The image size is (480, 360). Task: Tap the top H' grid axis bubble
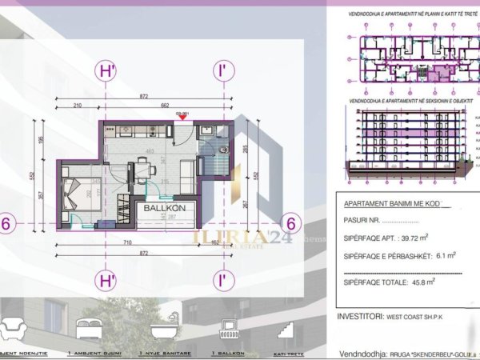coord(106,70)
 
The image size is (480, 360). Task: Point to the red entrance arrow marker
coord(182,119)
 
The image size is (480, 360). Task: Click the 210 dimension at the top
coord(78,105)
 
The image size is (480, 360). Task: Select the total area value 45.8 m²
coord(420,282)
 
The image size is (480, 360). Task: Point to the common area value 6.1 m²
coord(441,255)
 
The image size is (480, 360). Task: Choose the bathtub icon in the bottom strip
coord(158,327)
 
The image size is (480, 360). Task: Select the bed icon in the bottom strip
coord(87,328)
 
